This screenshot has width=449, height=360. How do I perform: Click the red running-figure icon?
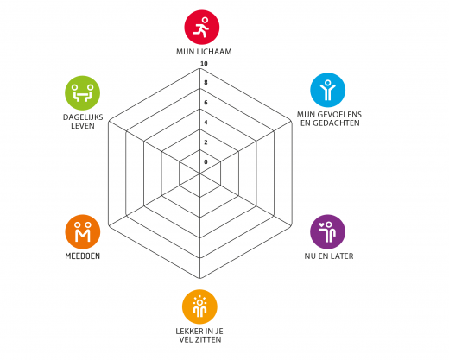202,28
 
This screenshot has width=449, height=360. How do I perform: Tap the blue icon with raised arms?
327,90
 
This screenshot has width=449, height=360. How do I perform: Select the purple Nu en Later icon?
327,232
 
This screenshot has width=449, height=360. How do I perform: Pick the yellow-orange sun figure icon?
199,306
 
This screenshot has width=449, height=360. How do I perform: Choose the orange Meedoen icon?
83,232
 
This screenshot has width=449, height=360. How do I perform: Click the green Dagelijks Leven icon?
83,93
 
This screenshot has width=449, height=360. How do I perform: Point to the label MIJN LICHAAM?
204,52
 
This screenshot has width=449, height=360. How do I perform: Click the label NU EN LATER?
329,256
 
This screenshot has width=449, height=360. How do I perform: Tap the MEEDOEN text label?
83,256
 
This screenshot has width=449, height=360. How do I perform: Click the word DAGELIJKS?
83,117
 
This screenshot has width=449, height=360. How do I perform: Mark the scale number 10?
204,64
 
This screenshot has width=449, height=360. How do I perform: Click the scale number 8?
206,83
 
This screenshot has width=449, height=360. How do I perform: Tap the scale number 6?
206,103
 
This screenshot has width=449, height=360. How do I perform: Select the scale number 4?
206,123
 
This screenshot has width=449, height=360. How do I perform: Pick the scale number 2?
206,142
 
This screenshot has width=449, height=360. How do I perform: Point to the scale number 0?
206,162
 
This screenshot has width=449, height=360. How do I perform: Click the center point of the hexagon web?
199,174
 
